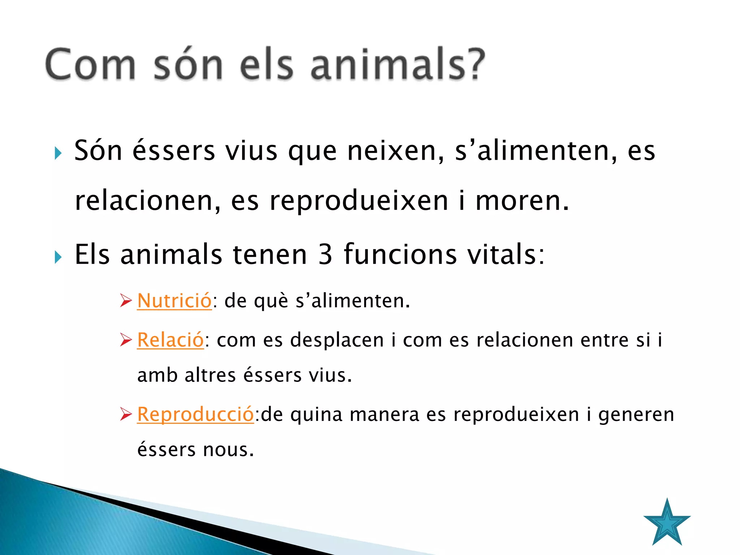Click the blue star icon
[x=667, y=524]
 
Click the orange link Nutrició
[x=174, y=301]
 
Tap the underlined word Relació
[x=171, y=340]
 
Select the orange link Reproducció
[x=195, y=414]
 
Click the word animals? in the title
[x=397, y=65]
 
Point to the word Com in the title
[x=91, y=65]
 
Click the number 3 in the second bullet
[x=325, y=255]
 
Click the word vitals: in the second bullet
[x=506, y=255]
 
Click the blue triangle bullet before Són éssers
[x=58, y=153]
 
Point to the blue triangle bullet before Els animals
[x=58, y=257]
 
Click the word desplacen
[x=337, y=340]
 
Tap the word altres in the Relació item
[x=210, y=375]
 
